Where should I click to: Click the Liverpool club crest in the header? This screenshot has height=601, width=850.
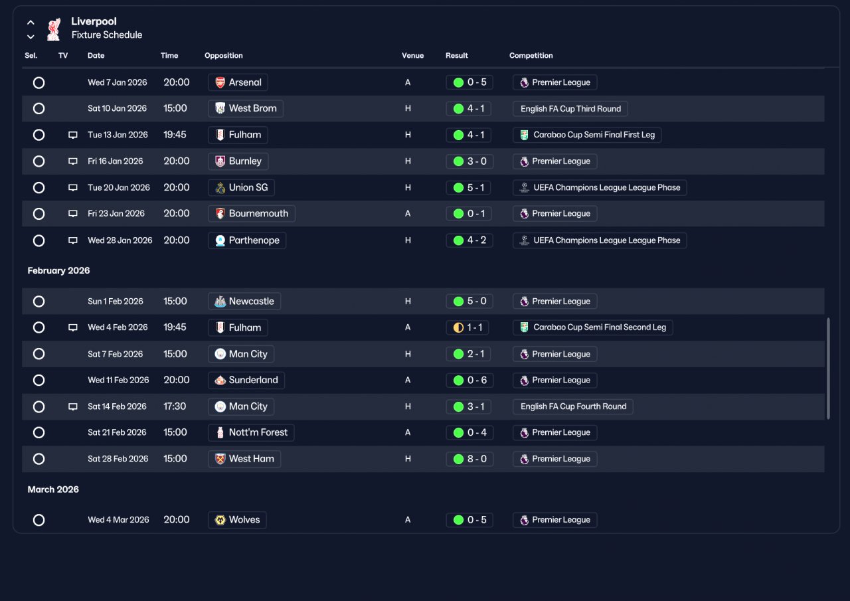(x=54, y=29)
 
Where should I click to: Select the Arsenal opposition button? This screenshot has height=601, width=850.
(x=238, y=82)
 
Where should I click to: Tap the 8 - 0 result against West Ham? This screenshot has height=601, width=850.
(x=469, y=459)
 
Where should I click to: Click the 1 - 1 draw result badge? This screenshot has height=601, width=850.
(x=467, y=327)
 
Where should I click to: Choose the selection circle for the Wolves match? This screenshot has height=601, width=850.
(x=39, y=520)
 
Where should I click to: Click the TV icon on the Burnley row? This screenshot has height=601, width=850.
(x=73, y=161)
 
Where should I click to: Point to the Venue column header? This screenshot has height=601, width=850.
(x=412, y=55)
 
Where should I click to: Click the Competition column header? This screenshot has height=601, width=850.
(x=531, y=55)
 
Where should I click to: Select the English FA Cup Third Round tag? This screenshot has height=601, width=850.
(x=570, y=108)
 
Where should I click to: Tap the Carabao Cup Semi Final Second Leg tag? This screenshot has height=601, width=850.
(x=593, y=327)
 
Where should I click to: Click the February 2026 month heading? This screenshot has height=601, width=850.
(x=59, y=270)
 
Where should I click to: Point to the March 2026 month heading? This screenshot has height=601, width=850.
(x=53, y=489)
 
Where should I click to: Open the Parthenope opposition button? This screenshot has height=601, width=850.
(x=247, y=240)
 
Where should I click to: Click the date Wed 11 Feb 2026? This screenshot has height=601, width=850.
(x=118, y=380)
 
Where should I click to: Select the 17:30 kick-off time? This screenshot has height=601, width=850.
(x=175, y=406)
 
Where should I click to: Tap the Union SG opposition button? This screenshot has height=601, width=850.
(x=241, y=187)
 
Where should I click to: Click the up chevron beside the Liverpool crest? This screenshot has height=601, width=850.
(x=31, y=23)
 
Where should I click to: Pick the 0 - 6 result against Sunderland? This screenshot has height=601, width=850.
(x=469, y=380)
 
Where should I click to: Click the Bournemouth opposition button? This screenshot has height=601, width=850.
(x=252, y=214)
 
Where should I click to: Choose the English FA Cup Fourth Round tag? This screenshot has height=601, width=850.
(x=573, y=406)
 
